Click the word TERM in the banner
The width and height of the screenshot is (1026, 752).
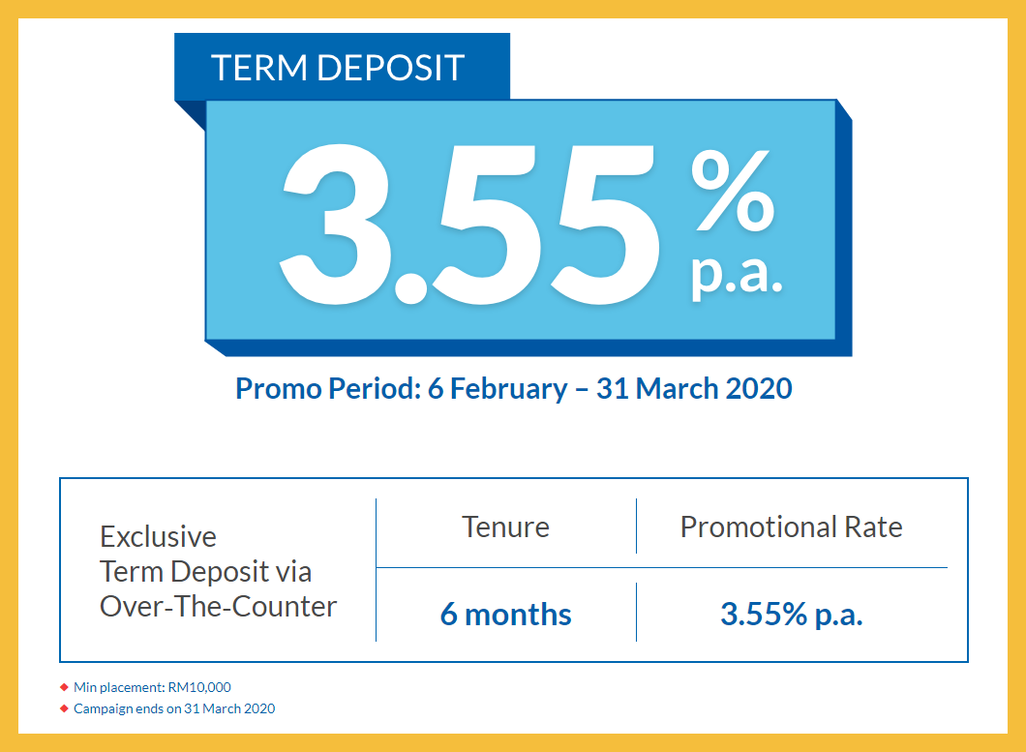point(259,68)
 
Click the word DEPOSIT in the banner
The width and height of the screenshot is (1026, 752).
point(391,68)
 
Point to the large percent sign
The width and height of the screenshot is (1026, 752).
point(733,190)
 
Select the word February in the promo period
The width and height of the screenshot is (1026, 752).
point(508,389)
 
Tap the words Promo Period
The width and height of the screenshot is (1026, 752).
point(328,388)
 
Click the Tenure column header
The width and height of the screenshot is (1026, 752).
point(506,526)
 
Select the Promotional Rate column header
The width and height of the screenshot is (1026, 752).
point(791,526)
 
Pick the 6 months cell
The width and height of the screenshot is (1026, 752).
point(506,614)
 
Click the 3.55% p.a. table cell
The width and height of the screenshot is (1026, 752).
point(792,615)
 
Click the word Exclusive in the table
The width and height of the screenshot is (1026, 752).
point(158,537)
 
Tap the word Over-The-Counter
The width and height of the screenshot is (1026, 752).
point(218,606)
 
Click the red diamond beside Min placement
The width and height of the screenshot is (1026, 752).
point(64,687)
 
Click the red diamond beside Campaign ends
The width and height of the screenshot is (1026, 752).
point(64,708)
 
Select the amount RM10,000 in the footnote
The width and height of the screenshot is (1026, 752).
point(199,687)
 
